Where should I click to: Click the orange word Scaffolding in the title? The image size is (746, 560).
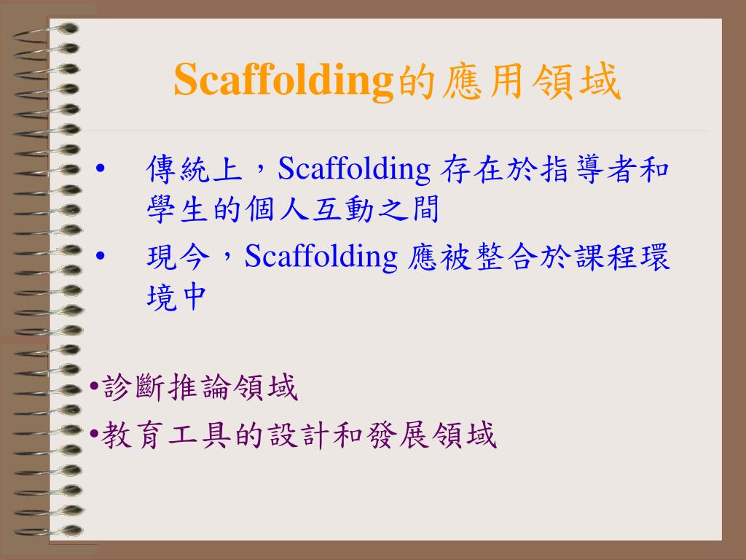[x=283, y=80]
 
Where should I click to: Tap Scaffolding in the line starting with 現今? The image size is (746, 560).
[x=320, y=257]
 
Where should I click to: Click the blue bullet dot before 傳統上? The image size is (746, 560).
[x=101, y=171]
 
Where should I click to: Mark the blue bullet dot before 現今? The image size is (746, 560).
[x=101, y=258]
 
